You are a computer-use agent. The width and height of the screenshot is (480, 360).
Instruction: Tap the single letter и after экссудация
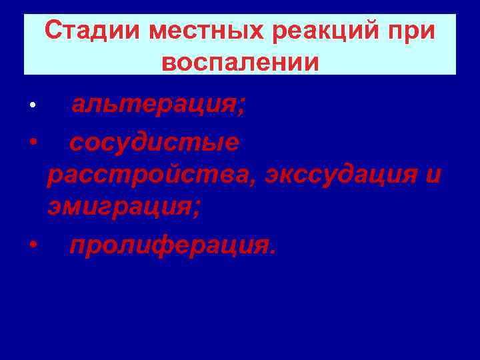(433, 176)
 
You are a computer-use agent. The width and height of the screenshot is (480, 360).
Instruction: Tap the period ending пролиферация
(271, 252)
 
